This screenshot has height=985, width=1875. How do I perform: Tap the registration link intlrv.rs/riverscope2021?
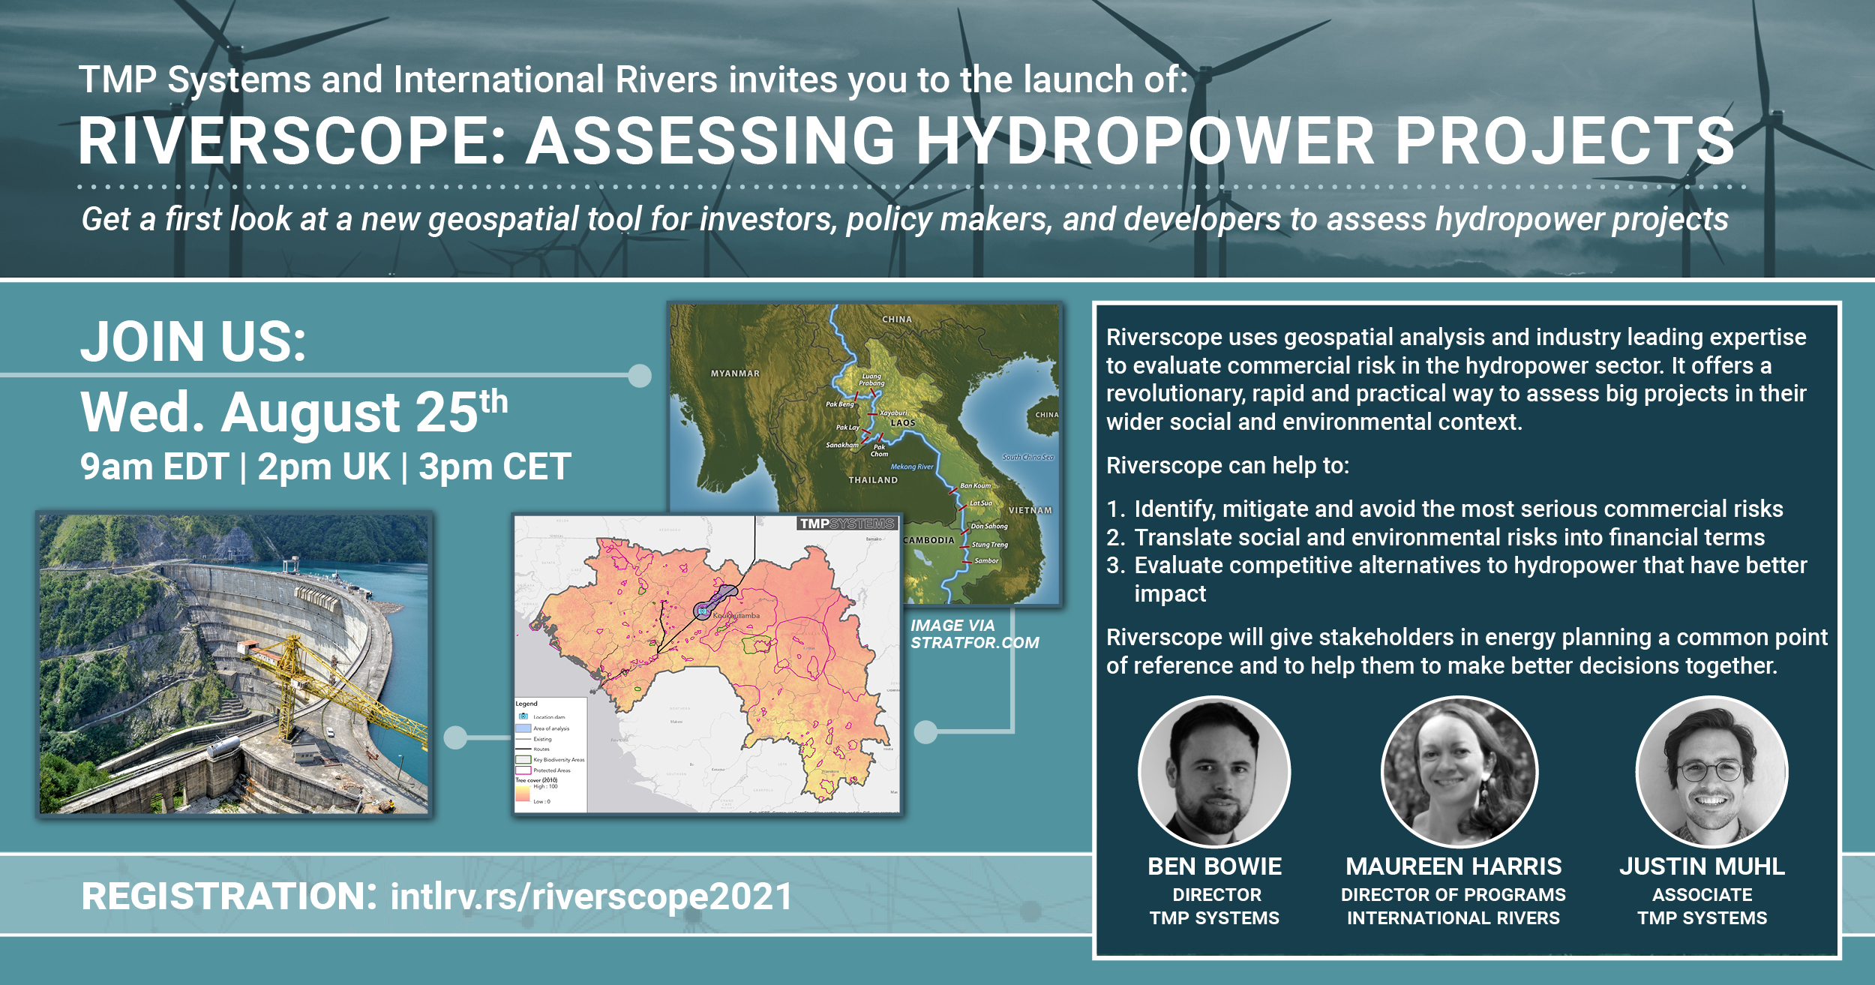pyautogui.click(x=591, y=896)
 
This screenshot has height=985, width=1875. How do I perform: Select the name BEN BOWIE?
pyautogui.click(x=1214, y=866)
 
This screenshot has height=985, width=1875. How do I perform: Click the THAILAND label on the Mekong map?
pyautogui.click(x=873, y=480)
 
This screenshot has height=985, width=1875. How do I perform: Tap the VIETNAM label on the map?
pyautogui.click(x=1030, y=510)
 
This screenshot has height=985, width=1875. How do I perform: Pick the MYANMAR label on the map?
pyautogui.click(x=735, y=374)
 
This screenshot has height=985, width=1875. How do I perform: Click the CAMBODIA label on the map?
pyautogui.click(x=928, y=540)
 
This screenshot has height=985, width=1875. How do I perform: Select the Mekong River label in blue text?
pyautogui.click(x=912, y=467)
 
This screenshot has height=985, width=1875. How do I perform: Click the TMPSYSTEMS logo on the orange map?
pyautogui.click(x=847, y=524)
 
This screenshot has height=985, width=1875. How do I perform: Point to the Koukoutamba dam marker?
pyautogui.click(x=703, y=611)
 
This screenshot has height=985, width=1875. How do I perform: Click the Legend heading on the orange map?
pyautogui.click(x=526, y=704)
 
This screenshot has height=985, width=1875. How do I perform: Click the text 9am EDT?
pyautogui.click(x=154, y=467)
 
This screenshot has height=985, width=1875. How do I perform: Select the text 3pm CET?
pyautogui.click(x=495, y=467)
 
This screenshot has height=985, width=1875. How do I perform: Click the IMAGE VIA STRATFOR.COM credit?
pyautogui.click(x=974, y=634)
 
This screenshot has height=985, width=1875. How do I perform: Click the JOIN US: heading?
pyautogui.click(x=193, y=342)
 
